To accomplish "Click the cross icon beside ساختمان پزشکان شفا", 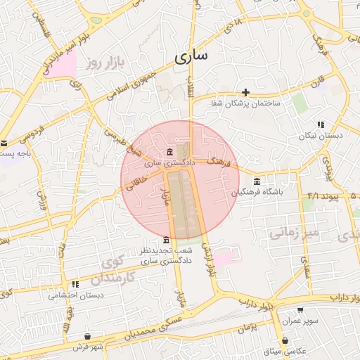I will [245, 92].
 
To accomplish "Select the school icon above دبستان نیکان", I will [321, 124].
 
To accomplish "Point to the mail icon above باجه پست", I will [4, 143].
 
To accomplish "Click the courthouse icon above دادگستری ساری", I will [169, 153].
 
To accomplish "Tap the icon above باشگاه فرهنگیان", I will [257, 181].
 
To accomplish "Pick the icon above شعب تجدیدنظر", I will [166, 240].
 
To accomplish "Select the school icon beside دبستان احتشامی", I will [75, 285].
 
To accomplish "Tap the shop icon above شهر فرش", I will [87, 337].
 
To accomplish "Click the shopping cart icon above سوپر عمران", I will [301, 310].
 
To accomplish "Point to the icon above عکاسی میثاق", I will [285, 340].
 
